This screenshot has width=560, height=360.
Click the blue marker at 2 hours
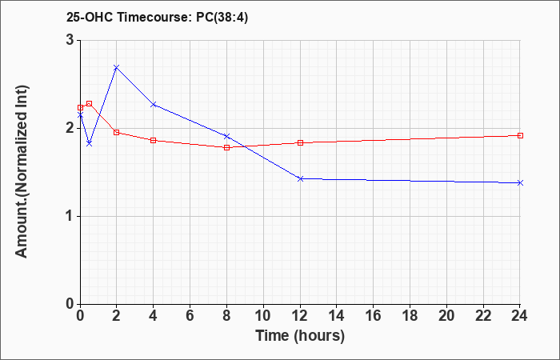pos(117,67)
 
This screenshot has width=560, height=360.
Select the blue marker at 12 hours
pos(300,178)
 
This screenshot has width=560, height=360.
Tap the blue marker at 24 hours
pos(520,183)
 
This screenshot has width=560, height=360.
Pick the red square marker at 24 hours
pos(520,136)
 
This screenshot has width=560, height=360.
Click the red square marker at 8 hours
pos(226,147)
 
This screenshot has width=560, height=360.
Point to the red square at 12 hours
pos(300,143)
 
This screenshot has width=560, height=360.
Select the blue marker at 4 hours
pos(154,105)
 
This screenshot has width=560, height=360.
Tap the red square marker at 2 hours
pos(117,133)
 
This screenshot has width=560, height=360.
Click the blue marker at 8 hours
pos(226,136)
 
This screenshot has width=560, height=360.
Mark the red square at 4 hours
pos(154,140)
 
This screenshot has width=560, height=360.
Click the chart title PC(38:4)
pos(222,18)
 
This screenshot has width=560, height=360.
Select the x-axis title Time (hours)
pos(300,336)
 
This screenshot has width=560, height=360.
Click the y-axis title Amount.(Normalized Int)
pos(22,171)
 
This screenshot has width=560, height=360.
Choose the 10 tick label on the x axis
pos(263,316)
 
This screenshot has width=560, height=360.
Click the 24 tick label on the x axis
pos(520,316)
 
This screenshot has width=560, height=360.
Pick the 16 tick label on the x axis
pos(374,316)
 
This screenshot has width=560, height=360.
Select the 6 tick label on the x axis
pos(190,316)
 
